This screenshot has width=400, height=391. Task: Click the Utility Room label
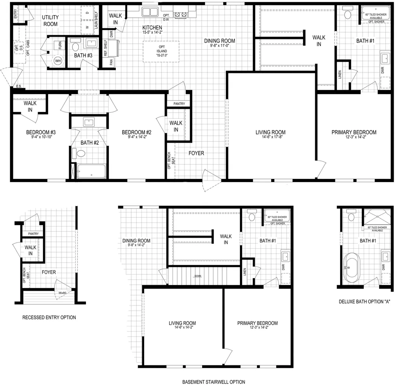tap(50, 20)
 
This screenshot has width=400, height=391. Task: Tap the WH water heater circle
tap(58, 61)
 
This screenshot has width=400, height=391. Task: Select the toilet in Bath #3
tap(76, 47)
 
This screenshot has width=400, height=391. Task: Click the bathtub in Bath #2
tap(91, 171)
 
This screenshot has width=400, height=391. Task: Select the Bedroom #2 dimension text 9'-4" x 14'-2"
tap(136, 137)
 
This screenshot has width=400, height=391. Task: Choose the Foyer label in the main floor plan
tap(196, 153)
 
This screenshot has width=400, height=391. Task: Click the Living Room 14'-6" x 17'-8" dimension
tap(270, 138)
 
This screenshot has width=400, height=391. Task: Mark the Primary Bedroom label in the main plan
tap(353, 132)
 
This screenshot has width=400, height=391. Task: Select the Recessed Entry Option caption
tap(49, 317)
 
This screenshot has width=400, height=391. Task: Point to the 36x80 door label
tap(63, 293)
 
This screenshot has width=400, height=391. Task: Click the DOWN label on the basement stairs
tap(198, 276)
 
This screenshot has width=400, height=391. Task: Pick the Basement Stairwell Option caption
tap(214, 382)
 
